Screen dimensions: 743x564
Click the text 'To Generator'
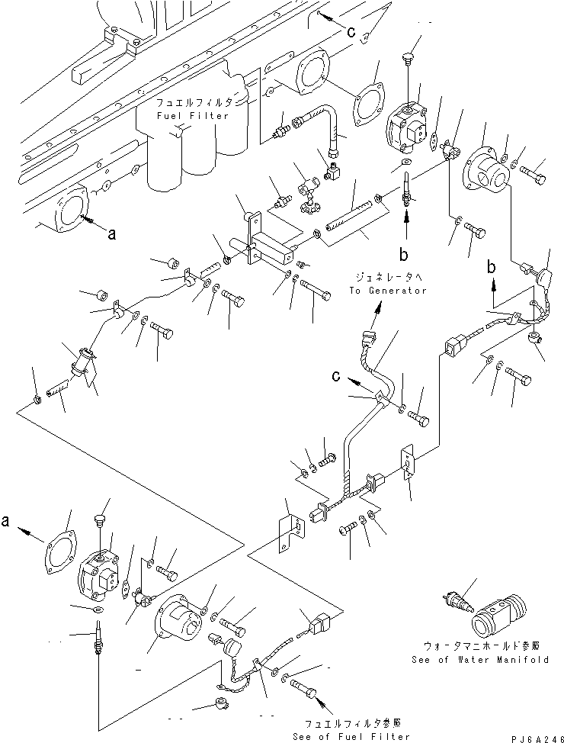coord(389,291)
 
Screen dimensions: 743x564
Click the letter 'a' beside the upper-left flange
coord(112,235)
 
